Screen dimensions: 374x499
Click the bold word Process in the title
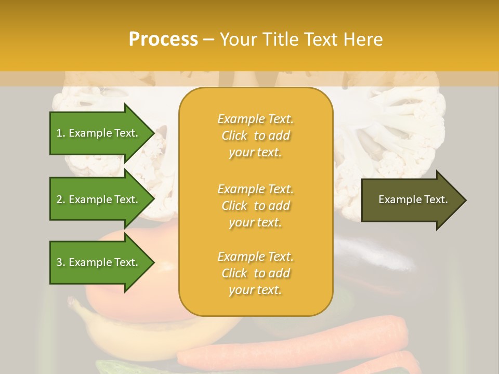pos(163,39)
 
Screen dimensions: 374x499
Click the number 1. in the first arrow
pos(61,133)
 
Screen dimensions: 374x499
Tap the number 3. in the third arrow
pos(61,262)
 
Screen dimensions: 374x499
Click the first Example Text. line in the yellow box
pos(255,119)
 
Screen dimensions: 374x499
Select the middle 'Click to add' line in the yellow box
pos(255,206)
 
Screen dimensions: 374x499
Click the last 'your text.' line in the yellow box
pos(255,290)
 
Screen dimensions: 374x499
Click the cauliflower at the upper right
pos(395,130)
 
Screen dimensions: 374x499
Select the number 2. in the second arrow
pos(61,199)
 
